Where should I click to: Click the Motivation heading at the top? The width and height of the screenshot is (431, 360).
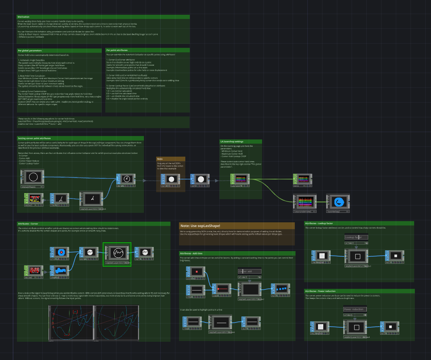[x=24, y=17]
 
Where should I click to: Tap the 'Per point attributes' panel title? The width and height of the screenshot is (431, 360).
[x=117, y=50]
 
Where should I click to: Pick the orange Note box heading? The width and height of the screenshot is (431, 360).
[x=160, y=159]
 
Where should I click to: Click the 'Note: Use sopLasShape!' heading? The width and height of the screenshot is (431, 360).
[x=200, y=225]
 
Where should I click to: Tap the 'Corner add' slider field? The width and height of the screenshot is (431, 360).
[x=250, y=271]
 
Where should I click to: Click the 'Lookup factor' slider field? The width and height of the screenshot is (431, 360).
[x=356, y=237]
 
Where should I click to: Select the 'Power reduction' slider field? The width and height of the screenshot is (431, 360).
[x=355, y=309]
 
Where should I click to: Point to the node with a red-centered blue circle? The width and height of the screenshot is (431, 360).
[x=61, y=252]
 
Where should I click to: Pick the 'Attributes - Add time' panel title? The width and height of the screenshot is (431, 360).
[x=191, y=253]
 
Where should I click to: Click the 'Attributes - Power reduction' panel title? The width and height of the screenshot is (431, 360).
[x=320, y=291]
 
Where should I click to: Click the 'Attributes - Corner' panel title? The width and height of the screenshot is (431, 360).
[x=28, y=223]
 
